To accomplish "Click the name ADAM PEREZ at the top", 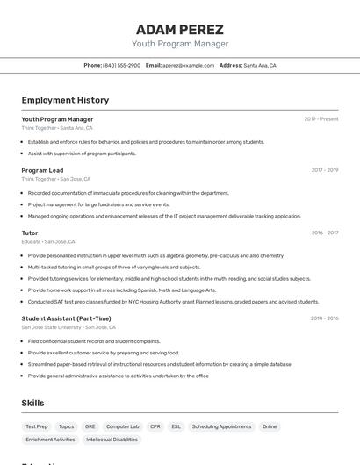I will pyautogui.click(x=180, y=29).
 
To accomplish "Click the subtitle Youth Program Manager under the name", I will pyautogui.click(x=180, y=44).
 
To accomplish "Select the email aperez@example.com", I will pyautogui.click(x=188, y=65).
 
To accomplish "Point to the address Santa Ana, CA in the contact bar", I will pyautogui.click(x=260, y=65).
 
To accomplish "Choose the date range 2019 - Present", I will pyautogui.click(x=321, y=119).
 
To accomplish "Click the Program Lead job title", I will pyautogui.click(x=42, y=170).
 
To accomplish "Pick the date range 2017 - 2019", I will pyautogui.click(x=325, y=170).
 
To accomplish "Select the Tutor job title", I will pyautogui.click(x=30, y=232).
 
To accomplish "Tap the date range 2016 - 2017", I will pyautogui.click(x=325, y=232).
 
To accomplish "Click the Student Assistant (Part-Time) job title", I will pyautogui.click(x=66, y=318).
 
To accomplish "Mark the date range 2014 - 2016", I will pyautogui.click(x=325, y=318).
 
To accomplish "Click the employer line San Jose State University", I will pyautogui.click(x=51, y=327).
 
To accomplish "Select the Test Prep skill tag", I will pyautogui.click(x=37, y=426).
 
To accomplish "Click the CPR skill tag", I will pyautogui.click(x=155, y=426).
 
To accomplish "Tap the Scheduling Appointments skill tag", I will pyautogui.click(x=221, y=426).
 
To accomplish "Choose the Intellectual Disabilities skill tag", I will pyautogui.click(x=112, y=440).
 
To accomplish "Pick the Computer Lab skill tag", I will pyautogui.click(x=123, y=426).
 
